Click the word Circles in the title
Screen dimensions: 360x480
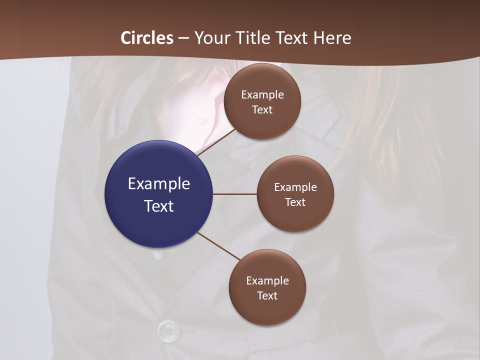pos(147,38)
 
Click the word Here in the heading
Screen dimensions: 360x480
pos(332,38)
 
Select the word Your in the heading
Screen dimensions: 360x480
pos(210,38)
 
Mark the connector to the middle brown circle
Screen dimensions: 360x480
pos(234,194)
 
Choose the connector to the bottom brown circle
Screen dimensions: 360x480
pos(219,246)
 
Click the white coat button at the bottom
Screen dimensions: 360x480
pos(168,329)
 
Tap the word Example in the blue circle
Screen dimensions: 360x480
pos(158,183)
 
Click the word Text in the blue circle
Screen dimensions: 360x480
pos(158,206)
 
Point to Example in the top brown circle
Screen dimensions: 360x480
pos(262,94)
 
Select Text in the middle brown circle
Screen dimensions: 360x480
pos(295,202)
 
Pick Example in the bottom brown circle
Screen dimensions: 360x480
pos(267,280)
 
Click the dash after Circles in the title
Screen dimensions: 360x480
pos(183,38)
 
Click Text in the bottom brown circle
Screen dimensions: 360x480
pos(267,295)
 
